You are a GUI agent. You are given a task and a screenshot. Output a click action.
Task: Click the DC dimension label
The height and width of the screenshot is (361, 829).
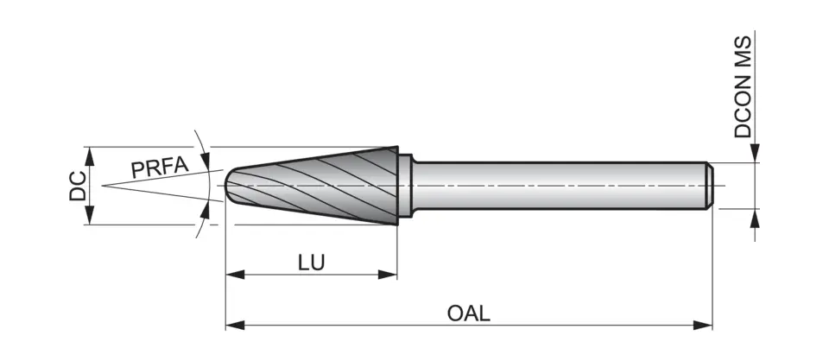pos(78,186)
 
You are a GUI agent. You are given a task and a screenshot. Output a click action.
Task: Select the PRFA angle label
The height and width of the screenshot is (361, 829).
pos(159,166)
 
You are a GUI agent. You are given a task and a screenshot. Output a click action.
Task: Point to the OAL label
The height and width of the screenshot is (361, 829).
pos(469,313)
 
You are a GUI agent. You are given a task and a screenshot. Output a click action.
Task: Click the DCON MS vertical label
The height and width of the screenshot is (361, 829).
pos(744,86)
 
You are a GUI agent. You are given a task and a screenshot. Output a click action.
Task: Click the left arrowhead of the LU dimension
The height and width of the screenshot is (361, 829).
pos(233,275)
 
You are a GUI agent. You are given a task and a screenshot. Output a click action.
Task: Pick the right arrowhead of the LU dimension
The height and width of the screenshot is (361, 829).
pos(389,275)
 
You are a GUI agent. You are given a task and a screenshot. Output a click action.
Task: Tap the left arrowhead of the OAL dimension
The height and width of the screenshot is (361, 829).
pos(233,326)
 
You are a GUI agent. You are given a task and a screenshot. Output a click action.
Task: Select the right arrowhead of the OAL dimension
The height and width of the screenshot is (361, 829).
pos(706,326)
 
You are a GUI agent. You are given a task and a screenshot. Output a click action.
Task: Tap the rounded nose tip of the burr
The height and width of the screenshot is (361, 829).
pos(228,185)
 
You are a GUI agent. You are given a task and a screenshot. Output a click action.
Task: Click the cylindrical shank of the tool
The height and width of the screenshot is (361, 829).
pos(561,185)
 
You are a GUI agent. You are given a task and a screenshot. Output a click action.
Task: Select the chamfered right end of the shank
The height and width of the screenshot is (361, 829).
pos(709,185)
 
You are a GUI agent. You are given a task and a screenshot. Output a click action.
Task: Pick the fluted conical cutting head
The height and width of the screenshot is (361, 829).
pos(320,185)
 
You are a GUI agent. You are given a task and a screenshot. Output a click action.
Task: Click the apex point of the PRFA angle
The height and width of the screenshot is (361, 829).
pos(102,186)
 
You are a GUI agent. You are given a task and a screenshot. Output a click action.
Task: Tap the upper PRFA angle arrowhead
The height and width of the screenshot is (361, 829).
pos(205,158)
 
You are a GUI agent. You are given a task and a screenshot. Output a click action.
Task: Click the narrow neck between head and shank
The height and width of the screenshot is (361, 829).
pos(410,185)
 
